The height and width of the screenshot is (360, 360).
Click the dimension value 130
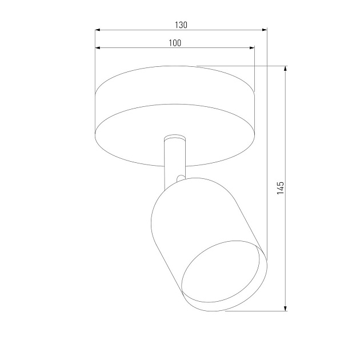[x=181, y=25]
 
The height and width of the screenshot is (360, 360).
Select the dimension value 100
[x=175, y=43]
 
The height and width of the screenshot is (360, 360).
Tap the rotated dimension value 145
[x=280, y=188]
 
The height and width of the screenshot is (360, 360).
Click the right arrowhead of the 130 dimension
[x=264, y=30]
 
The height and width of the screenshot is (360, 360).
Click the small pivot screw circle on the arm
[x=180, y=178]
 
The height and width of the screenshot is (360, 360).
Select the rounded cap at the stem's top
[x=174, y=138]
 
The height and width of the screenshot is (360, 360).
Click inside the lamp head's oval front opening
[x=223, y=277]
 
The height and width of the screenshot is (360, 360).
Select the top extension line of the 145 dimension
[x=240, y=66]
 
